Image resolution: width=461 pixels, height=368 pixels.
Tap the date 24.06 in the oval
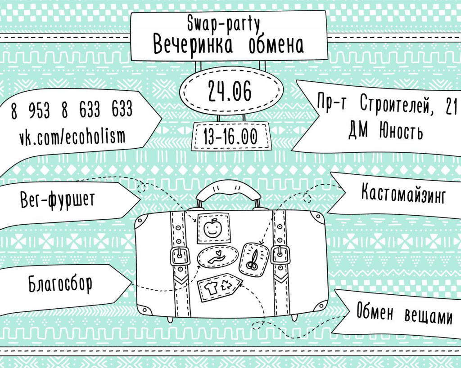coord(230,91)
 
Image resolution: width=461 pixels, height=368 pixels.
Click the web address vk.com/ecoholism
coord(72,137)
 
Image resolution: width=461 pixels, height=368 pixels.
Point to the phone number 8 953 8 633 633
coord(72,110)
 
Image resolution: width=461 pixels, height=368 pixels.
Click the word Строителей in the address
coord(397,105)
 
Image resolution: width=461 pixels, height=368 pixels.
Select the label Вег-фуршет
coord(58,200)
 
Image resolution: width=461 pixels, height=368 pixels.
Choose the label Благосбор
coord(60,284)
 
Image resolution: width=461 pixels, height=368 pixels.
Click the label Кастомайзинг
coord(403,193)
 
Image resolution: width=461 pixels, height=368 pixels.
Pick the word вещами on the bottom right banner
coord(429,316)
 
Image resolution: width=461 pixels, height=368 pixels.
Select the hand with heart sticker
coord(218,257)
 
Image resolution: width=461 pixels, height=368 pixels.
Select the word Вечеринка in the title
coord(193,45)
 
